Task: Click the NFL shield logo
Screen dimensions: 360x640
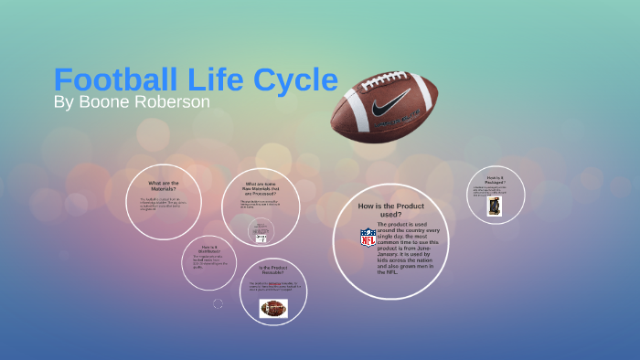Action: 368,238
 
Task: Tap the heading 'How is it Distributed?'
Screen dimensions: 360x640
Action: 208,249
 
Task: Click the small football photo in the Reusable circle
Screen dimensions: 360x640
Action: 273,308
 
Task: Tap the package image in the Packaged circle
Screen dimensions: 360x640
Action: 495,206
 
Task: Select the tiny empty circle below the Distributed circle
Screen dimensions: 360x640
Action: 218,303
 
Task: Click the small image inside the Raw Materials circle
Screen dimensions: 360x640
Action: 261,230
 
